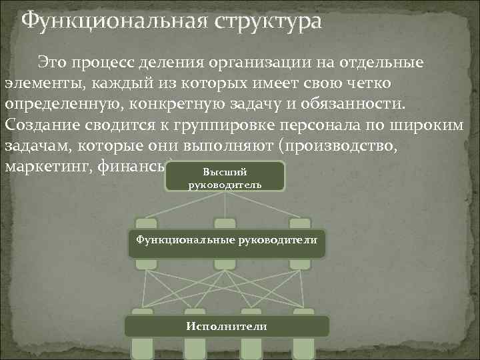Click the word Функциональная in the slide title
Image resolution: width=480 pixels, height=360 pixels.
pos(109,21)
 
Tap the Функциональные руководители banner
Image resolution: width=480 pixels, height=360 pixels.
pos(227,240)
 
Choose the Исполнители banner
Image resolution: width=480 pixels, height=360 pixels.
pos(227,327)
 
